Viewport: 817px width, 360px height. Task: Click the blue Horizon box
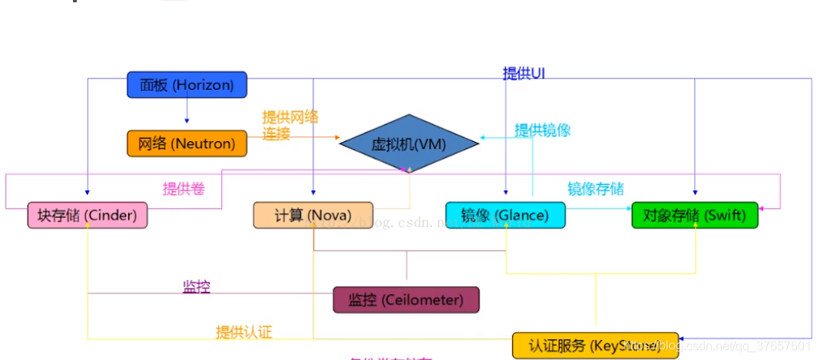(187, 84)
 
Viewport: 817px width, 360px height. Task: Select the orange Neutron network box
(187, 143)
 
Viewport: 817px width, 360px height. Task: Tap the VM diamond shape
(408, 143)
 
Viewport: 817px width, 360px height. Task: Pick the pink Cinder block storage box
(87, 216)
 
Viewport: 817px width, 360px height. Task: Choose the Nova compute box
(313, 216)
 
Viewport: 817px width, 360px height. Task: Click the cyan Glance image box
(505, 216)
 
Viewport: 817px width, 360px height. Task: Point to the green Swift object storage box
(694, 216)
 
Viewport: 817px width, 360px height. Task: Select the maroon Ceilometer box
(405, 299)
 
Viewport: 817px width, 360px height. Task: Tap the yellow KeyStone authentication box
(595, 345)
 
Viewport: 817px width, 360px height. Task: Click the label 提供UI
(524, 74)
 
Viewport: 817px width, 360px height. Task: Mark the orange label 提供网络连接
(289, 125)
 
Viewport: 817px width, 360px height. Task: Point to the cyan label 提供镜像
(542, 130)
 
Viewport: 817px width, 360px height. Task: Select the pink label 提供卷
(184, 188)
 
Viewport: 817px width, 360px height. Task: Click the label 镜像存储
(595, 188)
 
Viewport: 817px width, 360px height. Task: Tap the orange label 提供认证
(243, 332)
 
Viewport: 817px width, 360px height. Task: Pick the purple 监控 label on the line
(196, 287)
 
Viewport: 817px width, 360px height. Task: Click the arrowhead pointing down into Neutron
(187, 121)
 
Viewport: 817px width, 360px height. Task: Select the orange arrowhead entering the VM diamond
(336, 137)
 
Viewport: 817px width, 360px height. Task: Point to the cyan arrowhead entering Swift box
(627, 208)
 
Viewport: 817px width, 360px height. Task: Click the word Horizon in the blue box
(203, 84)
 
